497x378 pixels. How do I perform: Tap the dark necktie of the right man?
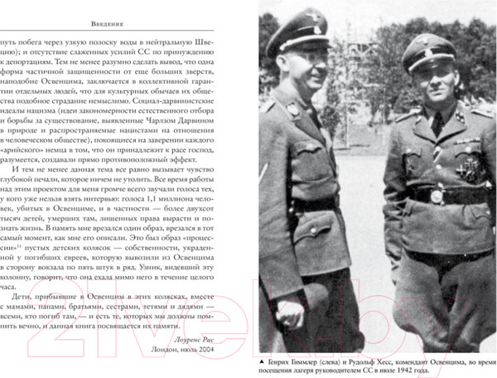(437, 124)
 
